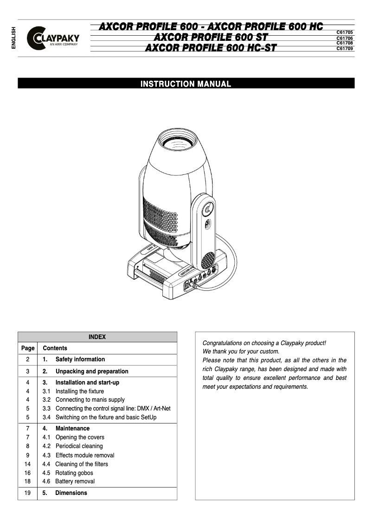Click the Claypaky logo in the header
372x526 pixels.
pyautogui.click(x=53, y=38)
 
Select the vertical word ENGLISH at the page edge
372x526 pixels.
pyautogui.click(x=13, y=38)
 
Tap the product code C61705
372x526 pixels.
pyautogui.click(x=345, y=32)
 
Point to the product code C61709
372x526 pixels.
pyautogui.click(x=345, y=48)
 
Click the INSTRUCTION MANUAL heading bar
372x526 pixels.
pyautogui.click(x=186, y=84)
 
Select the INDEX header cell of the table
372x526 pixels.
pyautogui.click(x=97, y=337)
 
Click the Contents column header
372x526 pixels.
pyautogui.click(x=55, y=348)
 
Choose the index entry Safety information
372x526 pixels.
pyautogui.click(x=80, y=359)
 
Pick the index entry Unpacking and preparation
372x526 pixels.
pyautogui.click(x=91, y=372)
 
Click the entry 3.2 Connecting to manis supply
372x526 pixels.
pyautogui.click(x=90, y=400)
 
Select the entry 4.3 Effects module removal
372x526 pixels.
pyautogui.click(x=84, y=455)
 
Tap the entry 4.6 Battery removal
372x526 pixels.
pyautogui.click(x=75, y=481)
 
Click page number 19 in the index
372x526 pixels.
pyautogui.click(x=28, y=493)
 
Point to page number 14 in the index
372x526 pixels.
pyautogui.click(x=28, y=464)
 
